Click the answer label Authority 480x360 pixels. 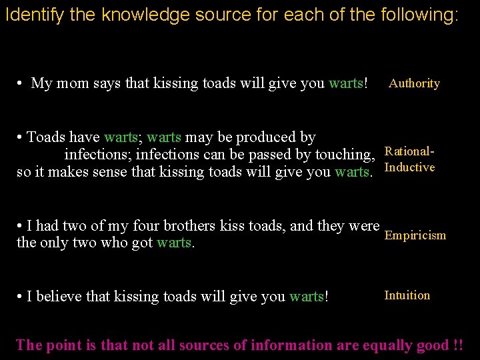414,83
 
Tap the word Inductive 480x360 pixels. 409,167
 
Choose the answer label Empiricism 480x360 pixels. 415,235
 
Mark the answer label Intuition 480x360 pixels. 407,295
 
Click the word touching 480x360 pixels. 345,155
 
